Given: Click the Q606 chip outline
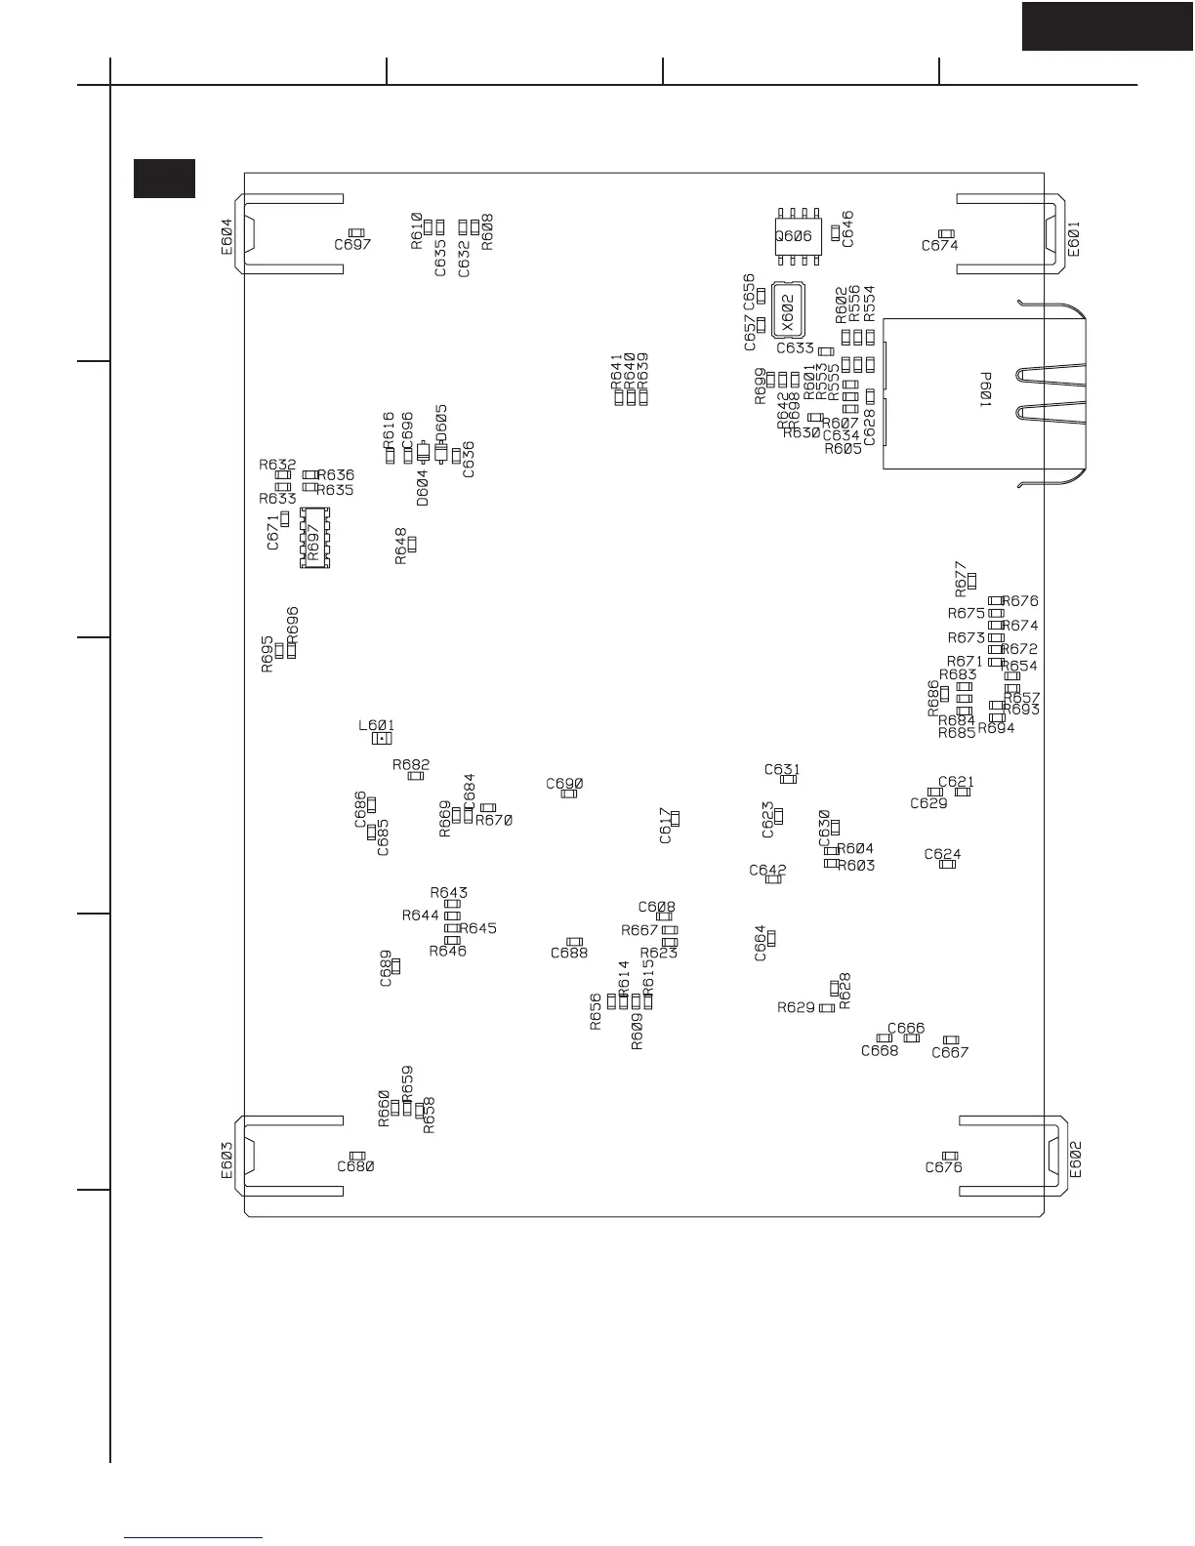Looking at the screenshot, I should click(x=796, y=235).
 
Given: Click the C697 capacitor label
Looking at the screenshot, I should click(x=352, y=245).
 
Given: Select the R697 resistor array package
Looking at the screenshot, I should click(x=313, y=537).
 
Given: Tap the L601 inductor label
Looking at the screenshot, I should click(x=376, y=725).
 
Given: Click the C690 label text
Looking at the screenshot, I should click(x=564, y=783).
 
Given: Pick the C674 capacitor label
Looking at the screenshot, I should click(x=939, y=246).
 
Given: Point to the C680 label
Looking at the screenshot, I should click(x=355, y=1166).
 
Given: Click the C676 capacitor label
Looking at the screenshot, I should click(x=943, y=1167).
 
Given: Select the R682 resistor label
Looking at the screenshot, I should click(x=411, y=764).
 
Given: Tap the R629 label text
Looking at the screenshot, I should click(x=796, y=1007).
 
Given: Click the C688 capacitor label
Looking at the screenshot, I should click(x=569, y=953).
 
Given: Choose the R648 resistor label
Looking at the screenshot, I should click(x=400, y=547).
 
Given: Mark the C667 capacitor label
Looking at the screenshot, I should click(x=950, y=1052).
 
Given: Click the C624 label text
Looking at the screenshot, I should click(x=942, y=854).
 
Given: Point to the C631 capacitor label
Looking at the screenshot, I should click(x=782, y=769).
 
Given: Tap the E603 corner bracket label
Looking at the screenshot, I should click(x=227, y=1160).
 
